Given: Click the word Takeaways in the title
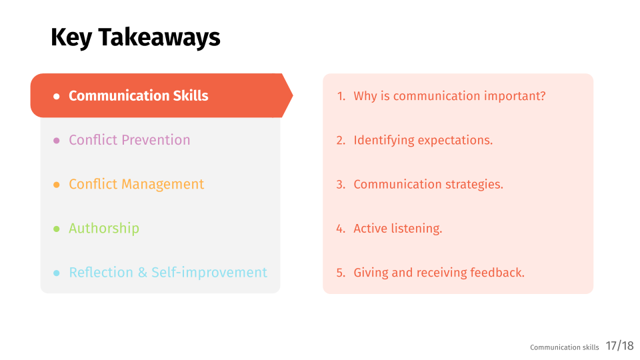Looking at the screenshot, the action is click(x=159, y=37).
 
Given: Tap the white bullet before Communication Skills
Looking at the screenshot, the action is click(x=56, y=96).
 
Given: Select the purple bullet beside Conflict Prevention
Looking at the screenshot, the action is click(x=56, y=141).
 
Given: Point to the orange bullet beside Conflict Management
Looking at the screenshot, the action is click(x=56, y=185).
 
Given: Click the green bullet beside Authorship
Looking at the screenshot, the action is click(x=56, y=229).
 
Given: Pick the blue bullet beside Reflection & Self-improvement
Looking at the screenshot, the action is click(x=56, y=273).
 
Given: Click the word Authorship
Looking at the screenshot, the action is click(x=104, y=228).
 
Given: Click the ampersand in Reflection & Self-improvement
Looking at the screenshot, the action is click(x=143, y=273).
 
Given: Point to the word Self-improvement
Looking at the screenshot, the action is click(x=209, y=272).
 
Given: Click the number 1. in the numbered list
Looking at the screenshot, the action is click(x=341, y=96).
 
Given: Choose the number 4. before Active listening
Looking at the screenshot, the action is click(x=341, y=229).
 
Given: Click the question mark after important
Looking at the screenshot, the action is click(x=543, y=96).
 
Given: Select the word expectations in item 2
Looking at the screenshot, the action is click(x=455, y=141).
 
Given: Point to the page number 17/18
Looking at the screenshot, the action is click(x=619, y=346).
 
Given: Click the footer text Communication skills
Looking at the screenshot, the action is click(x=565, y=347).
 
